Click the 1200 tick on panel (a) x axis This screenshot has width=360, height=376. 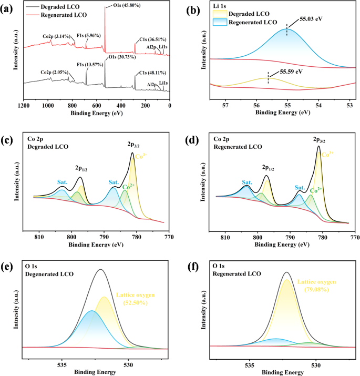coord(24,105)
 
